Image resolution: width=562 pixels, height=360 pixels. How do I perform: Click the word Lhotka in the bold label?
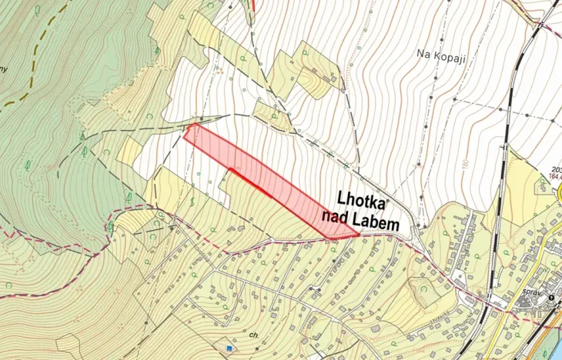click(363, 199)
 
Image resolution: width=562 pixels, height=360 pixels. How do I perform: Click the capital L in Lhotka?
click(343, 199)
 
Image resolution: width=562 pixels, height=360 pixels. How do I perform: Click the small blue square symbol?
click(229, 348)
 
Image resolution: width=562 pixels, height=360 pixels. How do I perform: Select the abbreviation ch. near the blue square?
click(253, 335)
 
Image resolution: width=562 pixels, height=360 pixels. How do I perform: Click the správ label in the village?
click(527, 294)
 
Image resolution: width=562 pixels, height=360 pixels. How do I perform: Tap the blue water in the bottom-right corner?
click(556, 349)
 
